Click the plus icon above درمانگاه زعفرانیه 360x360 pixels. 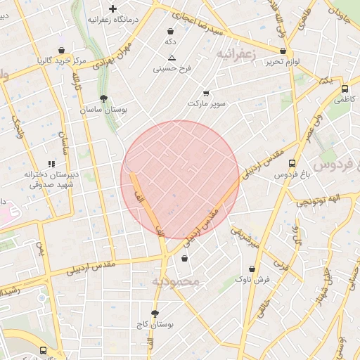tap(112, 8)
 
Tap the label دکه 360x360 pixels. tap(170, 42)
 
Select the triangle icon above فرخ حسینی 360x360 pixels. tap(172, 58)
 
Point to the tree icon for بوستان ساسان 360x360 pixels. tap(104, 99)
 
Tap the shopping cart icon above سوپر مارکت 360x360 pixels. tap(206, 93)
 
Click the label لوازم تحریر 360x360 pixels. tap(283, 62)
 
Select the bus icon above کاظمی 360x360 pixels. tap(345, 89)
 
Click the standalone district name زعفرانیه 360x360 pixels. tap(238, 53)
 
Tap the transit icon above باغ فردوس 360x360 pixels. tap(292, 163)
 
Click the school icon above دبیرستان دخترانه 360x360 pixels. tap(51, 163)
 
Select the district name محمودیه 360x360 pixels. tap(176, 281)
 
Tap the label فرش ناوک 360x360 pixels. tap(252, 280)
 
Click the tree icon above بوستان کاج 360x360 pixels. tap(155, 314)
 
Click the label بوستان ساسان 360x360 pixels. tap(104, 110)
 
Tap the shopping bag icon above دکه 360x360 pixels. tap(171, 31)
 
